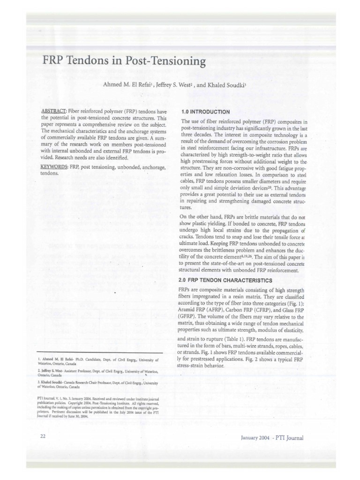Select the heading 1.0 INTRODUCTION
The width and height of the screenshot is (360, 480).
(x=205, y=112)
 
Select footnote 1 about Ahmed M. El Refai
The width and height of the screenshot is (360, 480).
(x=101, y=362)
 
